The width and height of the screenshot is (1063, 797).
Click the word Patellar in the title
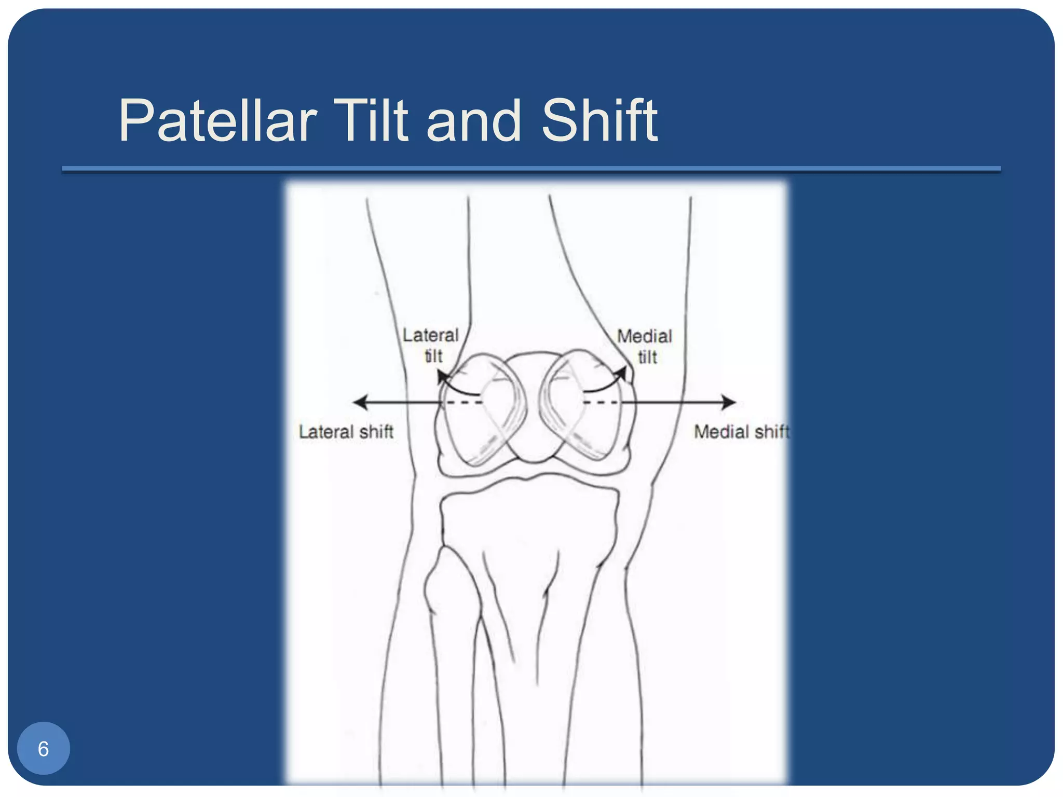pos(217,121)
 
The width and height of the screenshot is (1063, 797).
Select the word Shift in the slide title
pos(599,121)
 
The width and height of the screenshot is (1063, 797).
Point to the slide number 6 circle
pos(44,748)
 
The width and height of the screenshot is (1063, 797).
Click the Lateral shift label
pos(346,432)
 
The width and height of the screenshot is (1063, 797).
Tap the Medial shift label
pos(741,432)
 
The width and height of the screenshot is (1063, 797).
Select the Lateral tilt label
pos(431,346)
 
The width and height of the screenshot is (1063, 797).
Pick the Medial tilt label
pos(645,347)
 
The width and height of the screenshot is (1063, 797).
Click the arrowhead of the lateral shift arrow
pos(359,402)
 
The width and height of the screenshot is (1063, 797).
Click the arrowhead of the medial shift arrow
pos(729,402)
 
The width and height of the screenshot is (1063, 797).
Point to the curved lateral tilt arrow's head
pos(441,375)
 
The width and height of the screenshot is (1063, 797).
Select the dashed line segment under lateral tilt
pos(463,403)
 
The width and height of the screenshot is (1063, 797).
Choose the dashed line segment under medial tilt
pos(601,403)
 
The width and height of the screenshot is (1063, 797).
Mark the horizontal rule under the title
pos(531,169)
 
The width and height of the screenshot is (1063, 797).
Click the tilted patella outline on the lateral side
pos(480,410)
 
